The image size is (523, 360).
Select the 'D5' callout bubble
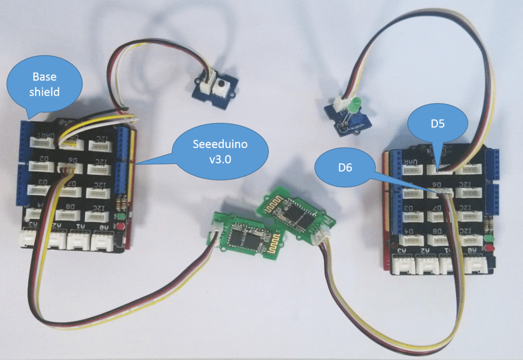(x=437, y=123)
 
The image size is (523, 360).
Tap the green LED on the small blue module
(x=353, y=103)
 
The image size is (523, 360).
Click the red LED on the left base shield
(x=119, y=227)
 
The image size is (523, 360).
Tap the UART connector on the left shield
(x=42, y=143)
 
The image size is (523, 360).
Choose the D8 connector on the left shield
(x=68, y=214)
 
